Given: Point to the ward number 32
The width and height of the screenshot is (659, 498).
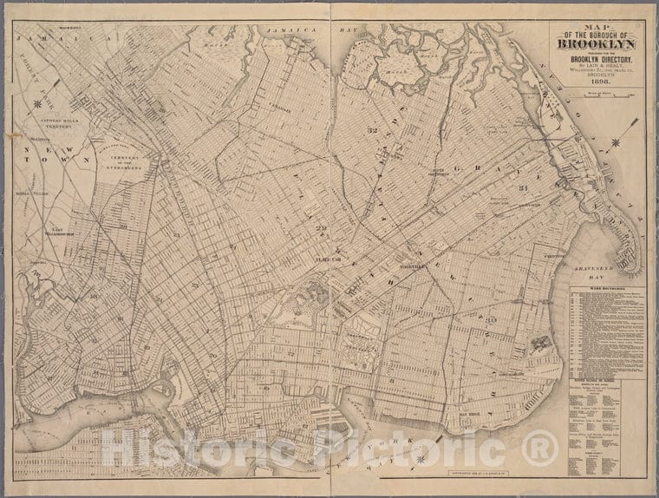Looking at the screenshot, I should tap(373, 130).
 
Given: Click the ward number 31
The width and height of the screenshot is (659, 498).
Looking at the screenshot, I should tap(523, 188).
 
